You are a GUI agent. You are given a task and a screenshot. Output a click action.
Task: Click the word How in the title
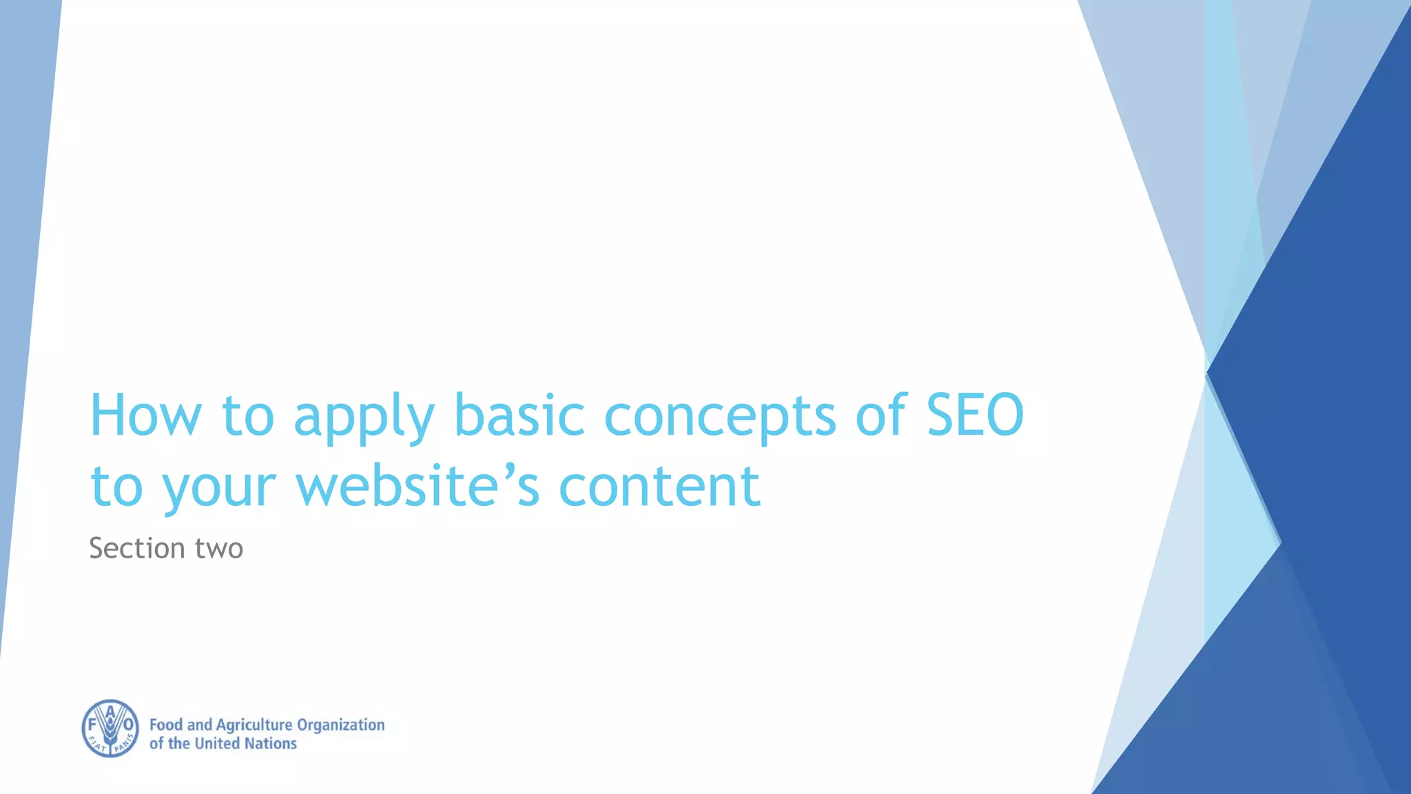coord(145,415)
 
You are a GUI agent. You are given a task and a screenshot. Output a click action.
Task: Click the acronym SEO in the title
coord(975,415)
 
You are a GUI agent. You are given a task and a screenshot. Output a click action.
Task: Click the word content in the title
coord(659,486)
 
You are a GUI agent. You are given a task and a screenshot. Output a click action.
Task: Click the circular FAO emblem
coord(110,729)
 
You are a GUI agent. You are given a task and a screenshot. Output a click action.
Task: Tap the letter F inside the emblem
coord(92,725)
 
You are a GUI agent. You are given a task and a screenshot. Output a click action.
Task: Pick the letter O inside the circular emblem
coord(128,725)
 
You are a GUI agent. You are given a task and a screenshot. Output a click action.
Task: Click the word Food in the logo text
coord(166,725)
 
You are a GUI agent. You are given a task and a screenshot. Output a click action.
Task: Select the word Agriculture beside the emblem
coord(254,725)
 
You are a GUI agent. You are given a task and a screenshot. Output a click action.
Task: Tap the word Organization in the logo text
coord(340,725)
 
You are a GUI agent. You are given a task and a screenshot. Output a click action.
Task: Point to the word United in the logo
coord(218,744)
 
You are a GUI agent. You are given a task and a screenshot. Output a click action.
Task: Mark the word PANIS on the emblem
coord(125,744)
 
